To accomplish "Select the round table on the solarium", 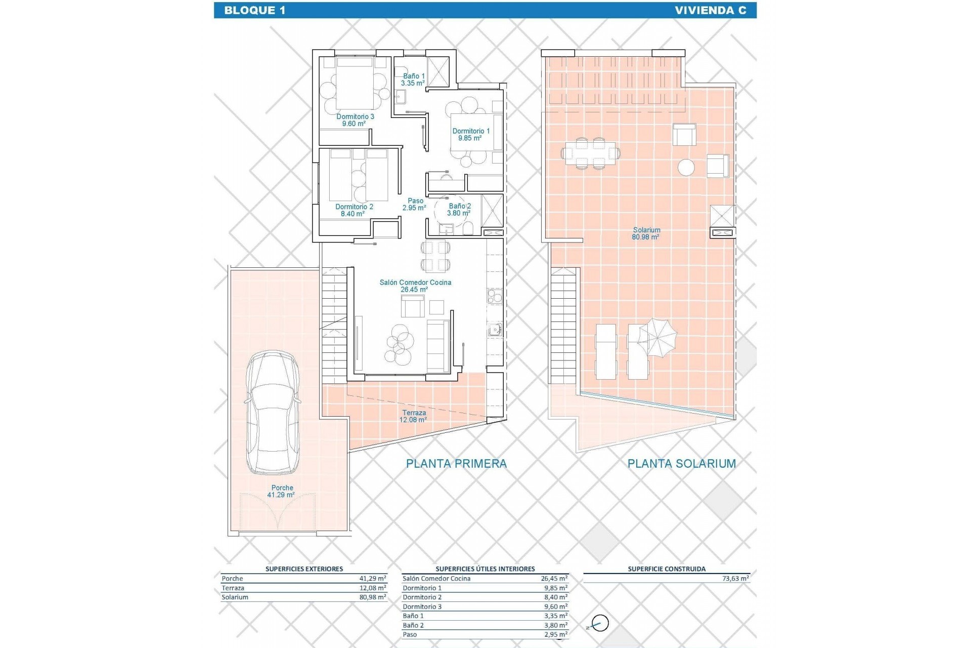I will click(x=686, y=167).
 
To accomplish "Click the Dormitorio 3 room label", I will click(x=355, y=120).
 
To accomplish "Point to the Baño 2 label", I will click(x=459, y=210).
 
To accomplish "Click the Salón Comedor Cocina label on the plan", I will click(x=415, y=286).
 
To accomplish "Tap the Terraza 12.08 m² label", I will click(x=414, y=416).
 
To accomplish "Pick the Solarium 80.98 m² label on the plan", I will click(x=646, y=233).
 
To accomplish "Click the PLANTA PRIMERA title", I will click(x=456, y=463).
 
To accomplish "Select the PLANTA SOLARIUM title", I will click(x=681, y=463).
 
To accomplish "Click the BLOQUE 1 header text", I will click(x=254, y=10).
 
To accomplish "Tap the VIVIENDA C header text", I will click(x=710, y=10).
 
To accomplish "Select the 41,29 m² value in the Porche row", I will click(x=373, y=579).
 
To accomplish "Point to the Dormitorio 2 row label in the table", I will click(x=422, y=597).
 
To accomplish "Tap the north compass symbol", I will click(x=600, y=623).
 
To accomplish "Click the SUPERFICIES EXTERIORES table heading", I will click(x=304, y=569).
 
